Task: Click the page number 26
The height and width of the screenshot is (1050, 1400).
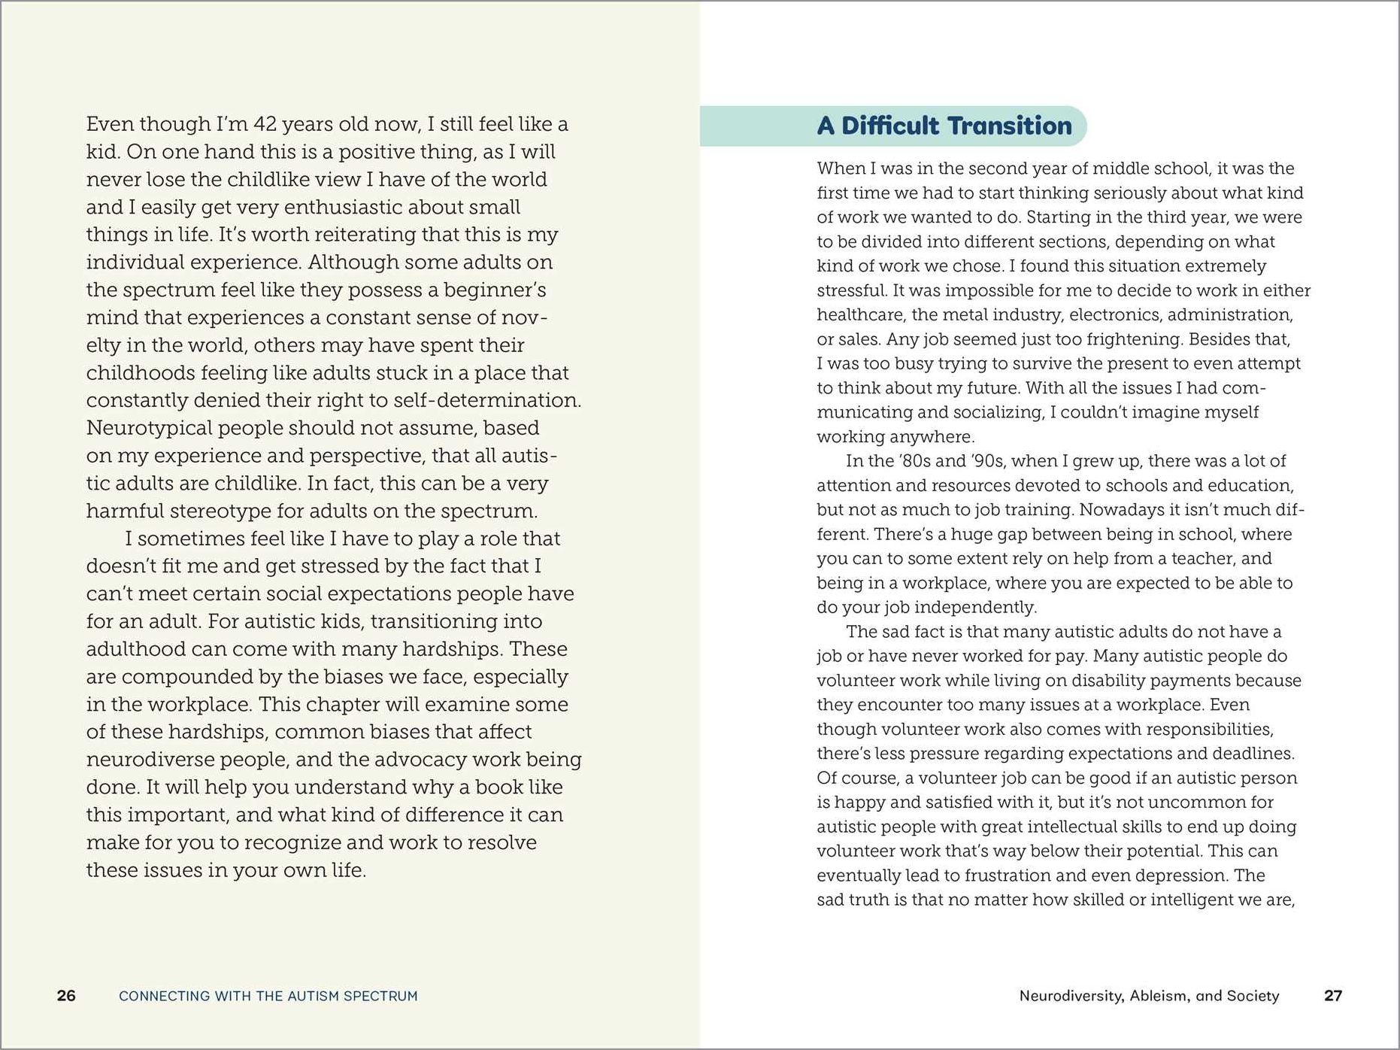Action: [x=66, y=996]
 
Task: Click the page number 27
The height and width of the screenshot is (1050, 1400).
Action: [x=1333, y=996]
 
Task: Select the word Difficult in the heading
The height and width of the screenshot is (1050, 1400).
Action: [x=884, y=126]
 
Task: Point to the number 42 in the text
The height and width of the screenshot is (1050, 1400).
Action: [x=265, y=124]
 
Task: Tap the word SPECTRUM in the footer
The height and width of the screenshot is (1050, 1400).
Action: [x=380, y=996]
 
